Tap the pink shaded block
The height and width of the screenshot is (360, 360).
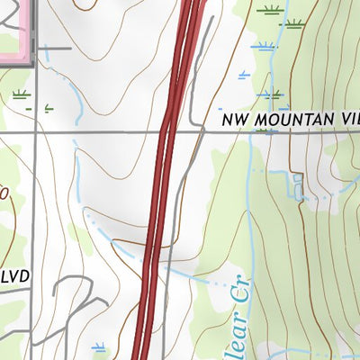15,27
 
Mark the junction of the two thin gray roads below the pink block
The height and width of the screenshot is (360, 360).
36,132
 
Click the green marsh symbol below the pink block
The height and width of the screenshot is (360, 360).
20,93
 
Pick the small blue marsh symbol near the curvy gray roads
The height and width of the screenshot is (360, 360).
97,346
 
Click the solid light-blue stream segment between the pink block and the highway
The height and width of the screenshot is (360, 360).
76,103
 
